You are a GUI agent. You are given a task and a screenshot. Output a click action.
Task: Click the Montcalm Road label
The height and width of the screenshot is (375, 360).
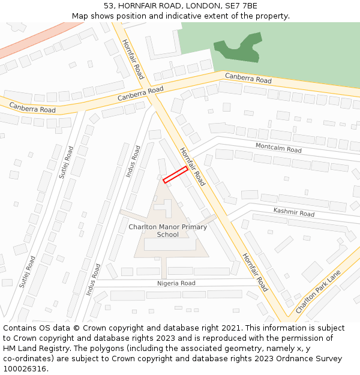click(278, 148)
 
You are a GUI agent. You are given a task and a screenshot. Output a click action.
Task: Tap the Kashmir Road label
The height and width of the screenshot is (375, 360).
click(294, 212)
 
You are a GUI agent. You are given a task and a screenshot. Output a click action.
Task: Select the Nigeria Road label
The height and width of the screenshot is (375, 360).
click(176, 283)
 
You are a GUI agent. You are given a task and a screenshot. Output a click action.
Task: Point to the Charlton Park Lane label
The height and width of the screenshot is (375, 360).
click(318, 292)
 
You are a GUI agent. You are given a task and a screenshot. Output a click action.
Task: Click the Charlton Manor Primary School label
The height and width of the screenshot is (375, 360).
click(168, 231)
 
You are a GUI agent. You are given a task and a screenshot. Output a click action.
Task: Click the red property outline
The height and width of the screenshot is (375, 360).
click(175, 175)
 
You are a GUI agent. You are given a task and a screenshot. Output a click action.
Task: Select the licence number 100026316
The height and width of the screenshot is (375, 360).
click(26, 369)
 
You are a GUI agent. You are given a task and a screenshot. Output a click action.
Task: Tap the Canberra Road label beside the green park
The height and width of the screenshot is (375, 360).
click(248, 78)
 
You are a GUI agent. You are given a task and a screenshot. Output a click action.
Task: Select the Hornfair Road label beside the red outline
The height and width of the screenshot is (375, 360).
click(192, 167)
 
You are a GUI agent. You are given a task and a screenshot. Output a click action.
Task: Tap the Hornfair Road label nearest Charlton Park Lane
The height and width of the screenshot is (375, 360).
click(254, 272)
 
